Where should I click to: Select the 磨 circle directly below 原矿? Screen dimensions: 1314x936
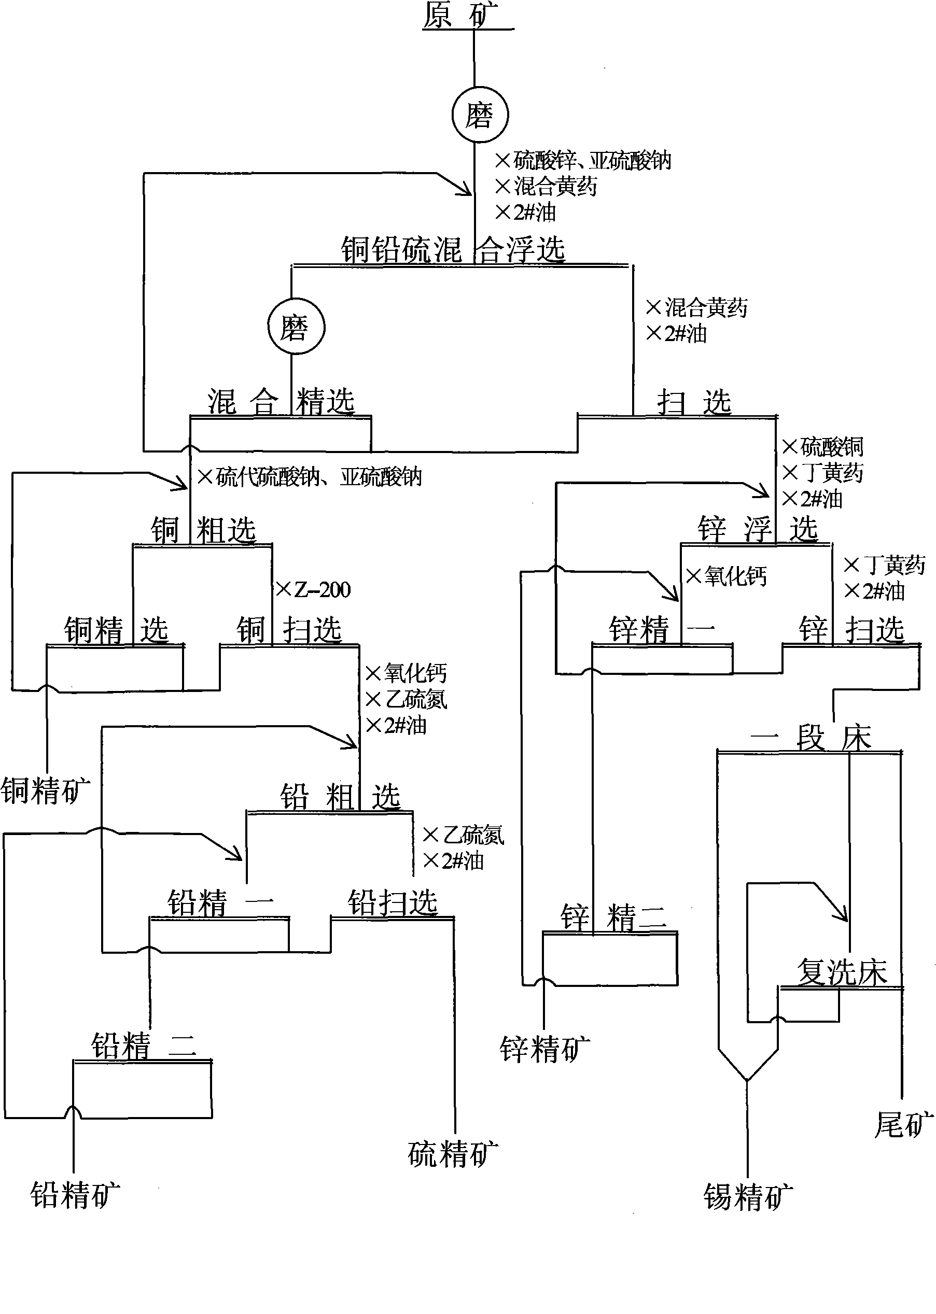[480, 115]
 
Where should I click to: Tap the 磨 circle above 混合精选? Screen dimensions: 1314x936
[296, 327]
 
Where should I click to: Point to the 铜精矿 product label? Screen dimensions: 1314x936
[46, 790]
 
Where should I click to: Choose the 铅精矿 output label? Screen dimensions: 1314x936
[75, 1195]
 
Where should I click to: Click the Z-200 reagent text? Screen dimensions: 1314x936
[322, 590]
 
